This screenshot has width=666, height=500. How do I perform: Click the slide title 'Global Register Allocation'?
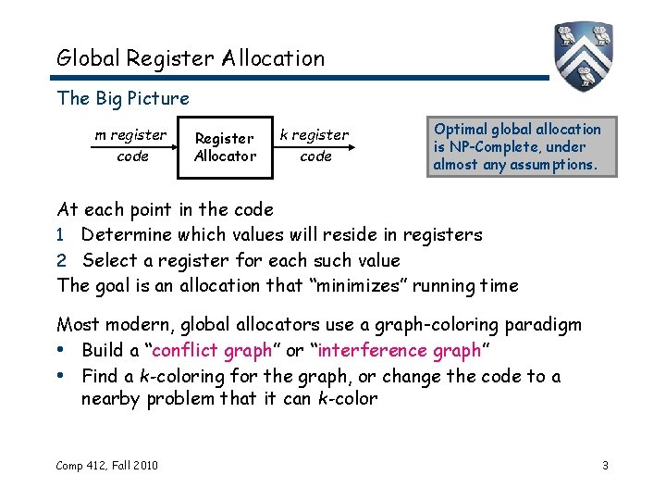(x=191, y=58)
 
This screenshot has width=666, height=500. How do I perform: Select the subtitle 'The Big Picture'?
(x=123, y=98)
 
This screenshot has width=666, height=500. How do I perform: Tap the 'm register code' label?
(x=131, y=145)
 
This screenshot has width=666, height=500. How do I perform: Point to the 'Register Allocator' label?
(x=225, y=147)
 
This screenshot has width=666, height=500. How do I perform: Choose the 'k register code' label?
(x=314, y=145)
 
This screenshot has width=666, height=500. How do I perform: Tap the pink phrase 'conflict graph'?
(x=212, y=350)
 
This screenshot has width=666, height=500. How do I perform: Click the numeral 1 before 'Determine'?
(x=61, y=235)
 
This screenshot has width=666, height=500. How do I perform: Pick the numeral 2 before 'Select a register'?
(x=61, y=260)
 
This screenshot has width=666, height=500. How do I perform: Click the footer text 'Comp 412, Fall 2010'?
(x=107, y=465)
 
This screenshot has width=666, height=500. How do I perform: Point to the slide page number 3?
(x=605, y=465)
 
